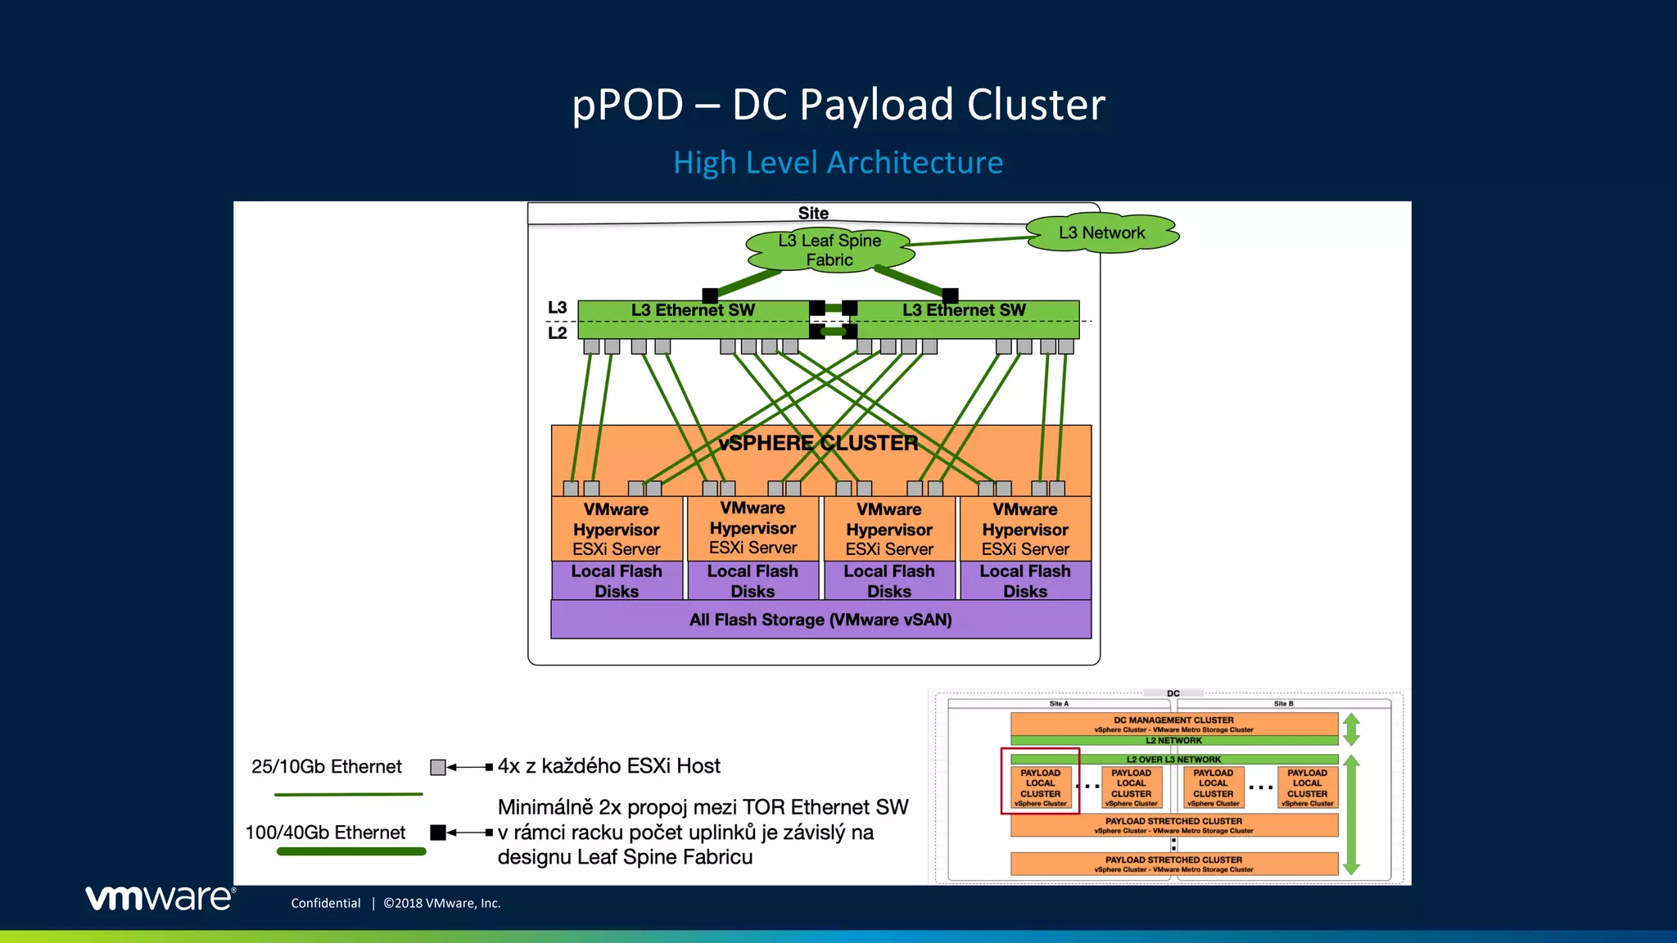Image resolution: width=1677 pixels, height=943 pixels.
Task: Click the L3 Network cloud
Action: pyautogui.click(x=1101, y=233)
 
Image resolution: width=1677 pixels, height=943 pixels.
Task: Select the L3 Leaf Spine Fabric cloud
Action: pyautogui.click(x=829, y=250)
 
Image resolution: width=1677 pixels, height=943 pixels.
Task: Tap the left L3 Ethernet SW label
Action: pyautogui.click(x=693, y=310)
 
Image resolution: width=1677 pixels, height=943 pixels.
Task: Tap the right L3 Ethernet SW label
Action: pyautogui.click(x=964, y=310)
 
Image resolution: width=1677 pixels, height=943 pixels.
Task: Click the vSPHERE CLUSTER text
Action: pyautogui.click(x=818, y=443)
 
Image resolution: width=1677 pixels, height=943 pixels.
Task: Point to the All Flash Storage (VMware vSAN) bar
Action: pyautogui.click(x=820, y=620)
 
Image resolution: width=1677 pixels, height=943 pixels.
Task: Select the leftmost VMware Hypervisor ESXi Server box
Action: pyautogui.click(x=617, y=529)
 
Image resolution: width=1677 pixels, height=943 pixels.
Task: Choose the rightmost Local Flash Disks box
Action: pyautogui.click(x=1025, y=581)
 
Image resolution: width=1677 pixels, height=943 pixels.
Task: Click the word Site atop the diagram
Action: pyautogui.click(x=813, y=213)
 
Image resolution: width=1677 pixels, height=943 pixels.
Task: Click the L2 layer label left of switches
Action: pyautogui.click(x=557, y=333)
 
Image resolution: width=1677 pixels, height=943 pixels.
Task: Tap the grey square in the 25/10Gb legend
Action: pyautogui.click(x=438, y=767)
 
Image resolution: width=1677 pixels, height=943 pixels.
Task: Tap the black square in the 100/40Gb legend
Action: pyautogui.click(x=438, y=832)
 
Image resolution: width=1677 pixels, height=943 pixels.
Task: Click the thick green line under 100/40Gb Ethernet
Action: pyautogui.click(x=351, y=851)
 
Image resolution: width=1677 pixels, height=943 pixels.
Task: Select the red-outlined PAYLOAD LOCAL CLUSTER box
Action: pyautogui.click(x=1040, y=787)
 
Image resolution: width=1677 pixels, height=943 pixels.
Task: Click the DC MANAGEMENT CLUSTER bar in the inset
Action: pyautogui.click(x=1173, y=724)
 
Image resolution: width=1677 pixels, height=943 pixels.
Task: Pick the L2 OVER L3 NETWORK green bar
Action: pyautogui.click(x=1173, y=760)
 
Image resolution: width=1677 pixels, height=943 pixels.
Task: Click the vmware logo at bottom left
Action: pyautogui.click(x=160, y=898)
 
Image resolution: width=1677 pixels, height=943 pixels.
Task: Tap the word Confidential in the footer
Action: pyautogui.click(x=326, y=903)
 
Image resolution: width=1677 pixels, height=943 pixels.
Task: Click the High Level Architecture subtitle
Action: pyautogui.click(x=838, y=162)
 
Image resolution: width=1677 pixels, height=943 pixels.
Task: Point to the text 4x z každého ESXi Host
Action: pyautogui.click(x=608, y=766)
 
